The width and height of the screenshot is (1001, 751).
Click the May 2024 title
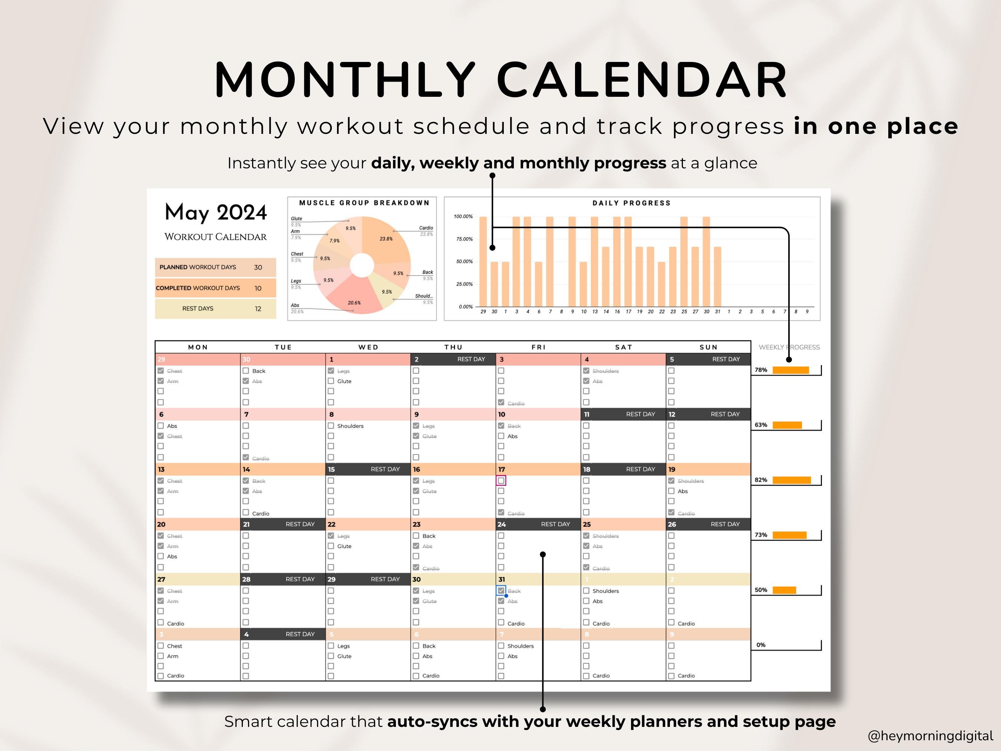pyautogui.click(x=216, y=212)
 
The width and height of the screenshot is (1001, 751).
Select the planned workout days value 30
pyautogui.click(x=258, y=267)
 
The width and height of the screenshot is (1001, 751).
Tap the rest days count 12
pyautogui.click(x=258, y=309)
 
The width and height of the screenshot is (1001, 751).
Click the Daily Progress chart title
pyautogui.click(x=631, y=203)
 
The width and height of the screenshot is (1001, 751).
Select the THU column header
pyautogui.click(x=453, y=347)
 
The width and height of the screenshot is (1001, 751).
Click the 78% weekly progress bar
pyautogui.click(x=790, y=370)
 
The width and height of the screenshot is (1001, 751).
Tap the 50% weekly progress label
pyautogui.click(x=761, y=590)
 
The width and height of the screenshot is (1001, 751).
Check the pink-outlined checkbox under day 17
pyautogui.click(x=501, y=480)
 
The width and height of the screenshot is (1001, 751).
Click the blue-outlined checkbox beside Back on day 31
pyautogui.click(x=501, y=591)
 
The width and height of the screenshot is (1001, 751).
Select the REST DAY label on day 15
pyautogui.click(x=385, y=470)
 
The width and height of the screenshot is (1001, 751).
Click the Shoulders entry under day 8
pyautogui.click(x=350, y=426)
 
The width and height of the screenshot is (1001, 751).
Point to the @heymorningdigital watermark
pyautogui.click(x=930, y=735)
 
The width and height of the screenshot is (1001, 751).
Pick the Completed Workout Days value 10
pyautogui.click(x=258, y=289)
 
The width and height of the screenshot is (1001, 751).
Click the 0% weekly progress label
pyautogui.click(x=761, y=645)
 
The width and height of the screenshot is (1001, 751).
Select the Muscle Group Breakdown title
pyautogui.click(x=364, y=203)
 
